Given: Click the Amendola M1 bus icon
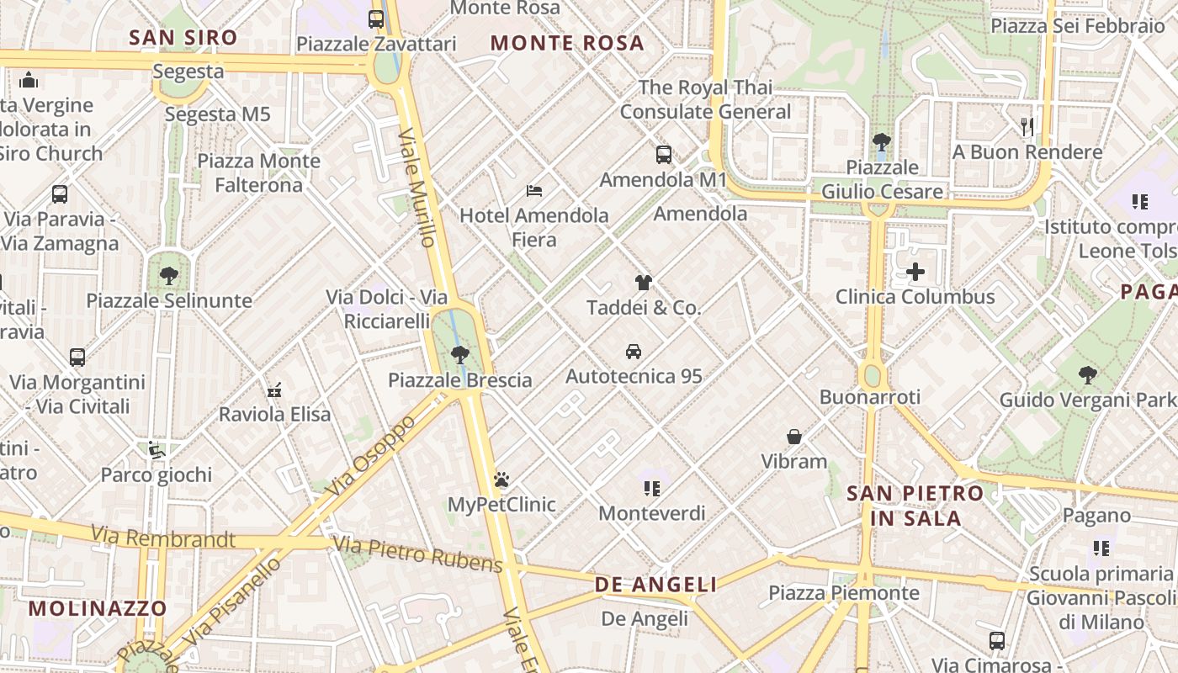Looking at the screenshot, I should pos(664,155).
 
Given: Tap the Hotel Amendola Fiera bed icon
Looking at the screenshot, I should pos(534,190).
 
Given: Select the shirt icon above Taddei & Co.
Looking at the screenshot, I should pos(644,283).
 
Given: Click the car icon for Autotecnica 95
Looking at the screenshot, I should pos(634,351).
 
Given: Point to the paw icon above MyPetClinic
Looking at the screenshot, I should pos(502,480).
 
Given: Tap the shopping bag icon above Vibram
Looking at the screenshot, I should pos(794,437).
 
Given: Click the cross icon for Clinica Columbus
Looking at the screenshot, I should pos(915,272).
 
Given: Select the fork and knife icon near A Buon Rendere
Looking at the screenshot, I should pos(1027,127).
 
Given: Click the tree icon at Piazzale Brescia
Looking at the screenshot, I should pos(459,354).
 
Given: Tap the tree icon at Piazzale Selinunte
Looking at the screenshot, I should pos(169,275).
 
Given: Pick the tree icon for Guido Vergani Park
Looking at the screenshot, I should pos(1088,374).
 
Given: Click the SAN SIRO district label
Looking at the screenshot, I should pos(183,37).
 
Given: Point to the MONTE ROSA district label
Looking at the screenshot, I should pos(567,43).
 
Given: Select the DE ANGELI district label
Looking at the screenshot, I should pos(655,585).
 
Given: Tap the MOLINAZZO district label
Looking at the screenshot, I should pos(98,607).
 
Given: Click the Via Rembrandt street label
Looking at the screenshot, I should pos(163,537).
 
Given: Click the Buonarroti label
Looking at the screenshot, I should pos(870,396).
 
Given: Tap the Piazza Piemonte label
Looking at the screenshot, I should pos(844,593).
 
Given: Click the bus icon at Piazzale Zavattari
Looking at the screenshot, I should pos(376,19).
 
